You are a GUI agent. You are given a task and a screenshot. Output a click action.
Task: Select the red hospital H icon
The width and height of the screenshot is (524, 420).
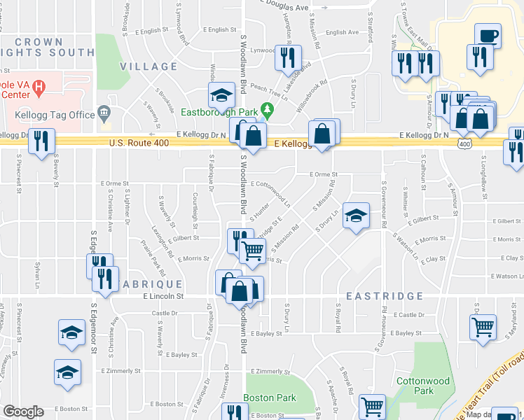click(39, 87)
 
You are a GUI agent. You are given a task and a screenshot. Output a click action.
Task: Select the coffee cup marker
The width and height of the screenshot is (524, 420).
click(488, 35)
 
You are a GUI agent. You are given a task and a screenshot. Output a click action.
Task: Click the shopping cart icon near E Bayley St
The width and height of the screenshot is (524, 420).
click(483, 327)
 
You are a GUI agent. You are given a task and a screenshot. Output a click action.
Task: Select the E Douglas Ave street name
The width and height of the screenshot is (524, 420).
click(284, 8)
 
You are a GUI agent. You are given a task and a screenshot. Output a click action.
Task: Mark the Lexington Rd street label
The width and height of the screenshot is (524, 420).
click(162, 240)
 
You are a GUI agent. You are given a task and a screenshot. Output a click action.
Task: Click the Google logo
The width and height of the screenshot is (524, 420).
click(23, 412)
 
